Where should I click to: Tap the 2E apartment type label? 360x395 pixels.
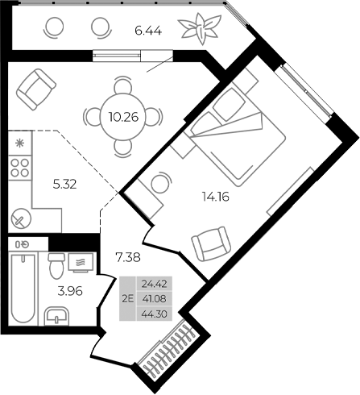click(x=126, y=299)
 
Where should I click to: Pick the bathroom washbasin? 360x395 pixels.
click(x=56, y=316)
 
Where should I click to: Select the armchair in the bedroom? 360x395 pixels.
click(x=210, y=243)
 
